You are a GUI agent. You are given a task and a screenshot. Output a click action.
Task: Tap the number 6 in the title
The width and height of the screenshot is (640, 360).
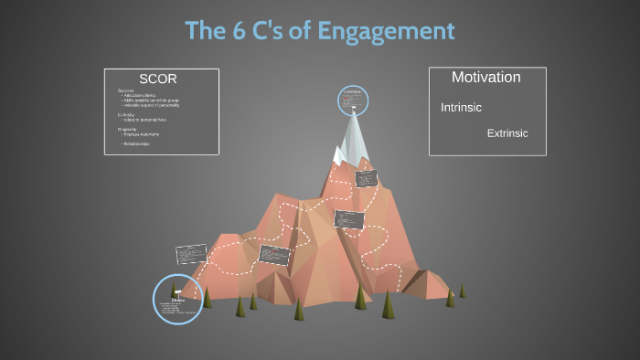241,31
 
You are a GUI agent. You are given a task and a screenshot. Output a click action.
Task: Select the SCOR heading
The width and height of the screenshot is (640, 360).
157,78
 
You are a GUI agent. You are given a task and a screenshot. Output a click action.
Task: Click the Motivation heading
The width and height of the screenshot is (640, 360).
485,78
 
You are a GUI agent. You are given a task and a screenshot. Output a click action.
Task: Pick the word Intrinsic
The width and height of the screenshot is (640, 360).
461,108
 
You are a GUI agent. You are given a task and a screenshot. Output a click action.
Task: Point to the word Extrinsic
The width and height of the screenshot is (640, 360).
507,133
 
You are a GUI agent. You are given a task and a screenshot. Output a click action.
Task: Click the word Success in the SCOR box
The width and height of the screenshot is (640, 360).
125,90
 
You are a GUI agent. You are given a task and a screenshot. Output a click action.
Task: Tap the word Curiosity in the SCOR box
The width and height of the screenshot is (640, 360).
126,114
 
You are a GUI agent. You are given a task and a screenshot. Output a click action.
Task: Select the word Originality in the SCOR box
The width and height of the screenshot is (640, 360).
128,129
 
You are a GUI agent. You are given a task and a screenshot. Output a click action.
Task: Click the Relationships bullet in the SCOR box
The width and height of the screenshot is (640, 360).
136,143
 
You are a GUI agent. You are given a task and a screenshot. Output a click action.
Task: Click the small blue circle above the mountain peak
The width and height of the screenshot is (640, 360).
352,100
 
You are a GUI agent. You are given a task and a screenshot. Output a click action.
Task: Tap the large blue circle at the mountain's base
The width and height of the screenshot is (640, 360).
176,299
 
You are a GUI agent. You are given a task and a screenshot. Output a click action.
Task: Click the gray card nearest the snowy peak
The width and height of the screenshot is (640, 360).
366,178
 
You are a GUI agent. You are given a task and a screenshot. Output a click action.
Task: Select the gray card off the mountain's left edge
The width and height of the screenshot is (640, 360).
190,254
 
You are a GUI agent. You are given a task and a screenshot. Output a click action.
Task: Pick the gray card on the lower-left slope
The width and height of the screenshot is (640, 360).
273,253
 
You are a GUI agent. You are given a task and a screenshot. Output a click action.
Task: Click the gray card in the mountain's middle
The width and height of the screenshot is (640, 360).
348,219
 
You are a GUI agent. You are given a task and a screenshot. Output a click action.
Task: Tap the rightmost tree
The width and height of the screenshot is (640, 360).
462,291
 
